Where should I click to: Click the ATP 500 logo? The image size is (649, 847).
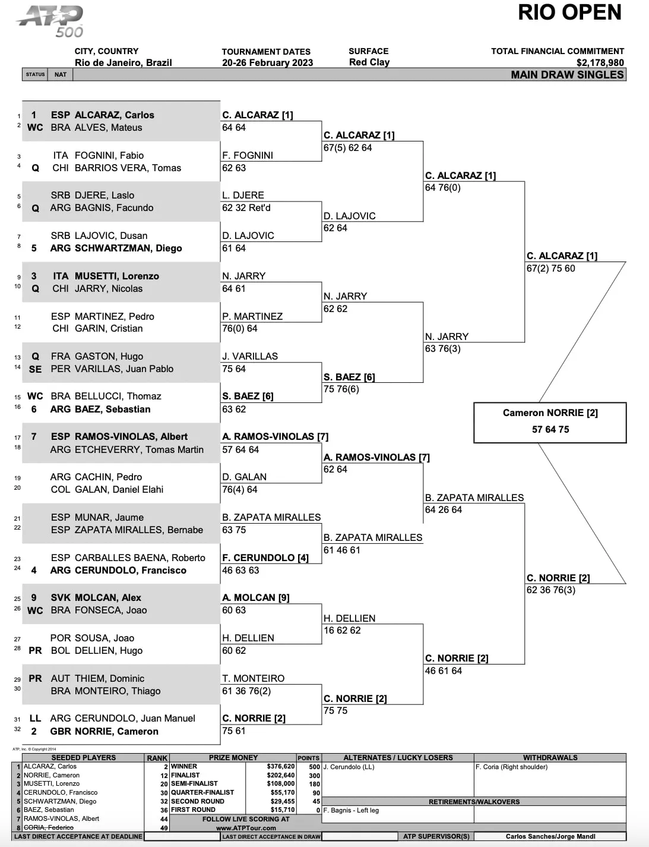point(50,22)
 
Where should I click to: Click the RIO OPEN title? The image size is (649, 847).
point(569,12)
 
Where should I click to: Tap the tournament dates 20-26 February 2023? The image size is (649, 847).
point(267,63)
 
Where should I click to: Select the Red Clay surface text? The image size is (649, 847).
point(369,62)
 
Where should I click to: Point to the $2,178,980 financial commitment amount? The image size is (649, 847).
point(600,63)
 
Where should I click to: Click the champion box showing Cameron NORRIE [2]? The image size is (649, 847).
point(550,423)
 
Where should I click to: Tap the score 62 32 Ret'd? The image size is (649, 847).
point(246,208)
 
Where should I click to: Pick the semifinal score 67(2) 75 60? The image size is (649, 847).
point(550,269)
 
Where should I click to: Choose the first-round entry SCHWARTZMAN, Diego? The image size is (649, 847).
point(128,248)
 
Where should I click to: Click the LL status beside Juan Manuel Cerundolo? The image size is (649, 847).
point(35,719)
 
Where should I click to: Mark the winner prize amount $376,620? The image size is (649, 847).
point(281,766)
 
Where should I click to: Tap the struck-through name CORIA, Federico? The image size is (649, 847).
point(48,827)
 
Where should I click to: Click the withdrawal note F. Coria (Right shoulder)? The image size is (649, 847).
point(511,767)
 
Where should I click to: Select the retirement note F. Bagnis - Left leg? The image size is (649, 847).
point(351,810)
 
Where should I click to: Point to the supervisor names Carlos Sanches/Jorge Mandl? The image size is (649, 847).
point(550,836)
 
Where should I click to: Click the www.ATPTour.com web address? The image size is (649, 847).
point(246,828)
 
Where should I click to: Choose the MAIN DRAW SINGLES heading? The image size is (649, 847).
point(567,75)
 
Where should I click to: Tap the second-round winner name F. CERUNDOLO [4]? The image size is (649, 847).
point(265,558)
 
